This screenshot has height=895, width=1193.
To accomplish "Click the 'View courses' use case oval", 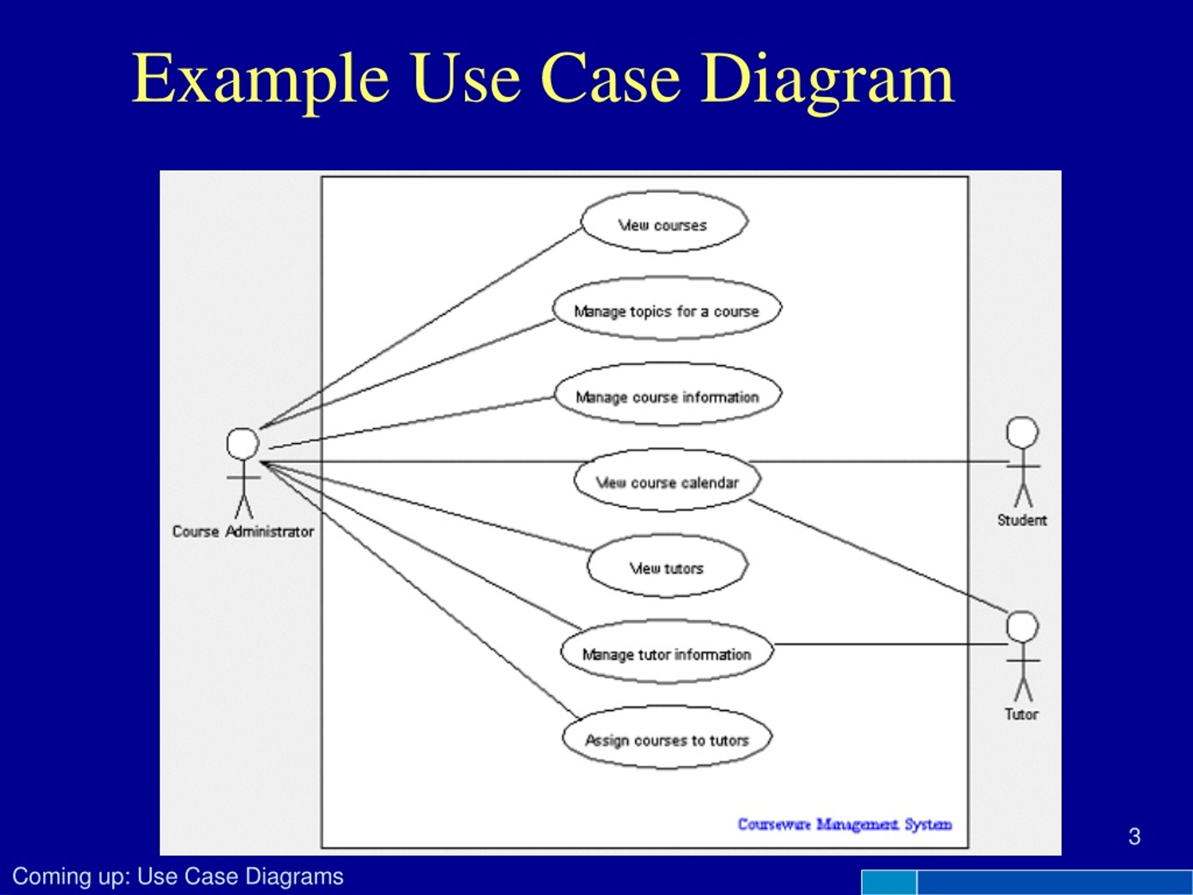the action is pos(664,221).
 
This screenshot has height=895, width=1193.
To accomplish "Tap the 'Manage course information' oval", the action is pos(668,394).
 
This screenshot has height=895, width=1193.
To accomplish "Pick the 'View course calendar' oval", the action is pos(667,480).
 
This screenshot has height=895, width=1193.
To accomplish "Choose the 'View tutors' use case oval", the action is pos(667,566).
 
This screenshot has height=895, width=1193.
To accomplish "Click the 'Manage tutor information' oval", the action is pos(667,651).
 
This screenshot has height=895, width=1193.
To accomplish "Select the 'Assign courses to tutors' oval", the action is pos(667,737).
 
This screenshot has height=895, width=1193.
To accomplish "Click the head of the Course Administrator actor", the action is pos(243,444).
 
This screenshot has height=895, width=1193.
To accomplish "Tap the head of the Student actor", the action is pos(1022,433).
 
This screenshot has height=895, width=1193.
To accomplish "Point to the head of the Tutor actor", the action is pos(1022,627).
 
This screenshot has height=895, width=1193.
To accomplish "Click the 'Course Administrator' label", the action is pos(243,532).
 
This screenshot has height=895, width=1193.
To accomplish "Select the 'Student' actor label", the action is pos(1022,520).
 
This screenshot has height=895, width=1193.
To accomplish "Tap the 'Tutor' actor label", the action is pos(1022,714).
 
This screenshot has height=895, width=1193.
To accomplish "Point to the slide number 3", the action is pos(1134,836).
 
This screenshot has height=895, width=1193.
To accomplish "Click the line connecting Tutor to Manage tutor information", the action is pos(891,644).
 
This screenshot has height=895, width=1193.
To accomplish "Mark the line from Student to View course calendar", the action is pos(879,462).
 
